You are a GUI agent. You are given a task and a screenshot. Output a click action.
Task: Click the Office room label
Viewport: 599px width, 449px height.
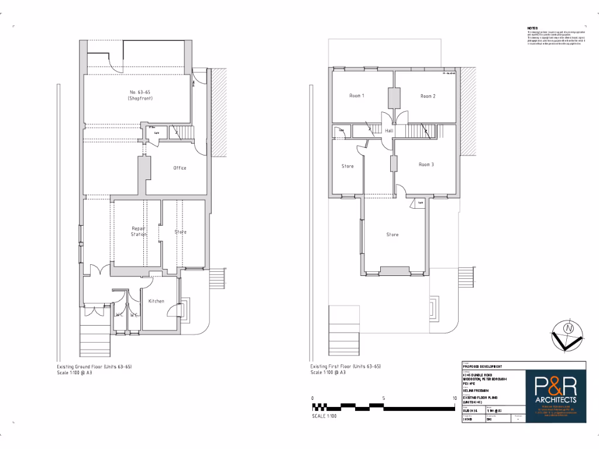tap(180, 168)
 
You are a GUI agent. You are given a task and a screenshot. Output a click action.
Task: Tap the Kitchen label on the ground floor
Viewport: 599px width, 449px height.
tap(156, 301)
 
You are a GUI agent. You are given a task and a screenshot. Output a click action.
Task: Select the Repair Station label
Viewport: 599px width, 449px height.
tap(139, 232)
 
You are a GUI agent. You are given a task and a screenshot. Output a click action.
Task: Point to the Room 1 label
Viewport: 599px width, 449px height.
tap(357, 96)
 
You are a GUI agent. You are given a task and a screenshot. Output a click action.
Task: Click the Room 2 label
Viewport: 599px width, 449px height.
tap(428, 96)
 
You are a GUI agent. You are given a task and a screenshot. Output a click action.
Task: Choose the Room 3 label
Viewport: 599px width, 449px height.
tap(426, 165)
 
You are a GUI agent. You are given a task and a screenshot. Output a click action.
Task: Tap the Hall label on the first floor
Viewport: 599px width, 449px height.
tap(388, 131)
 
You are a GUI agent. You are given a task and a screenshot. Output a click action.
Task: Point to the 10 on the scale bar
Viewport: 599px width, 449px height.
tap(455, 398)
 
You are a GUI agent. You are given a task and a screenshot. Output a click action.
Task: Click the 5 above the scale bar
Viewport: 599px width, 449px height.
tap(383, 398)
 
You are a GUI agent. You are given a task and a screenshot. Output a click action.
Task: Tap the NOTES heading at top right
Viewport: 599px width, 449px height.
tap(532, 28)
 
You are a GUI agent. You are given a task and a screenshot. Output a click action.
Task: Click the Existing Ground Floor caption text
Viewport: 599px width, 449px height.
tap(94, 367)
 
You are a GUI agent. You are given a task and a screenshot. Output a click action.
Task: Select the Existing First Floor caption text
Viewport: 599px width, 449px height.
tap(346, 367)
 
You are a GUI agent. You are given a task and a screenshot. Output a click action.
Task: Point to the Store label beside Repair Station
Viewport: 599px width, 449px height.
tap(181, 232)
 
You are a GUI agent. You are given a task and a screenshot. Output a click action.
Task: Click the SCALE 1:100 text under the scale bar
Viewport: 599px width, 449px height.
tap(324, 416)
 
